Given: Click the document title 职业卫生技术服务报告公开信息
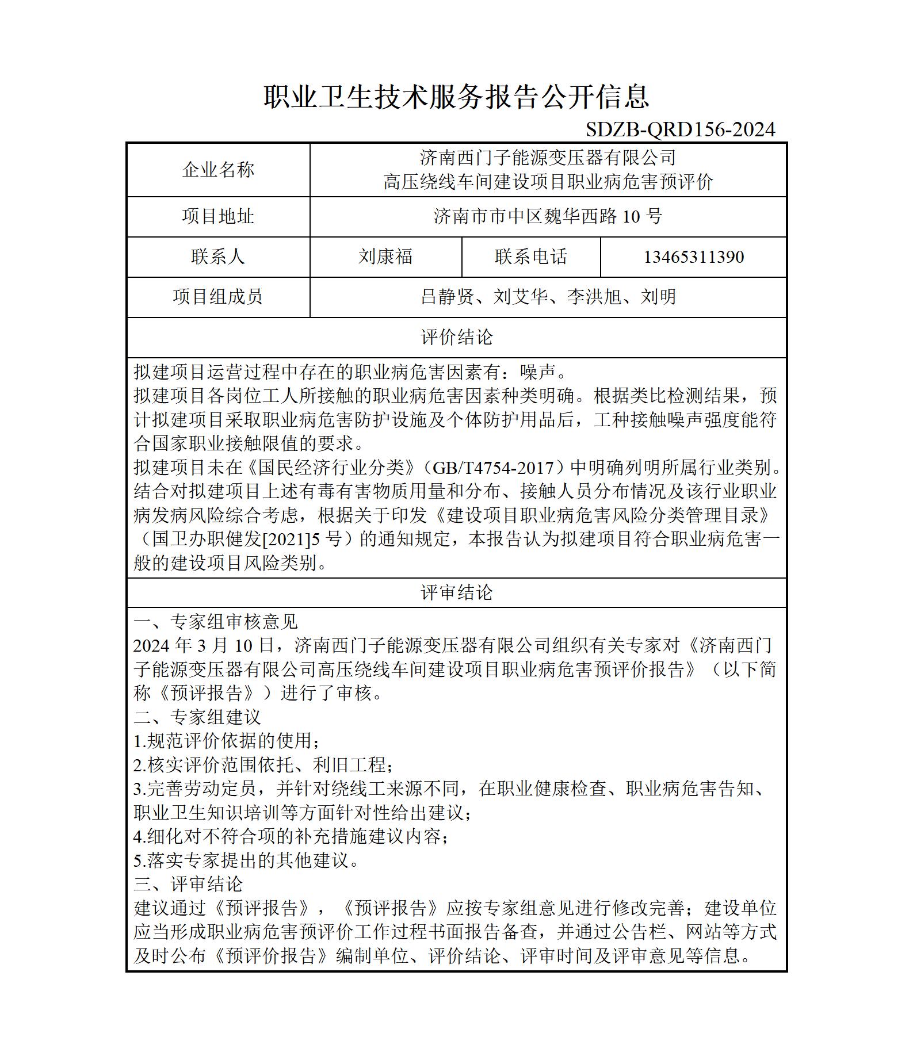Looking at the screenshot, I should (x=456, y=97).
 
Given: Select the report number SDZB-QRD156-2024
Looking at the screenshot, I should (x=680, y=130).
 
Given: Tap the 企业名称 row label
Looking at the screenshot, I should (x=218, y=170).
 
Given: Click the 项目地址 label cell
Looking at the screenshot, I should (x=218, y=216).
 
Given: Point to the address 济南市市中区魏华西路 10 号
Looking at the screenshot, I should (x=548, y=216).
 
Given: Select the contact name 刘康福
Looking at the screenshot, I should (x=385, y=257).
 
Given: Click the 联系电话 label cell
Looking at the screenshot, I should (x=531, y=257).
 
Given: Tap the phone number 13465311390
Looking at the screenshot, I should (x=693, y=257).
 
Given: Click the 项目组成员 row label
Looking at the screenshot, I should (x=218, y=297).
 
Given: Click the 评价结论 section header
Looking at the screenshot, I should (x=456, y=337).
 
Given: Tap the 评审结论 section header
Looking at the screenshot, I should (x=456, y=592).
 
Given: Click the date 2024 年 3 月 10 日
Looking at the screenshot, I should (x=204, y=645).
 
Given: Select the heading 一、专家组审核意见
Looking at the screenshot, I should (x=216, y=621).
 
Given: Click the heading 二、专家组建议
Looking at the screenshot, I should (x=197, y=717).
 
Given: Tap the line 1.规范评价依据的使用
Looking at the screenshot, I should (x=227, y=741).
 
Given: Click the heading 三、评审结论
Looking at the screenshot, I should (x=188, y=884).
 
